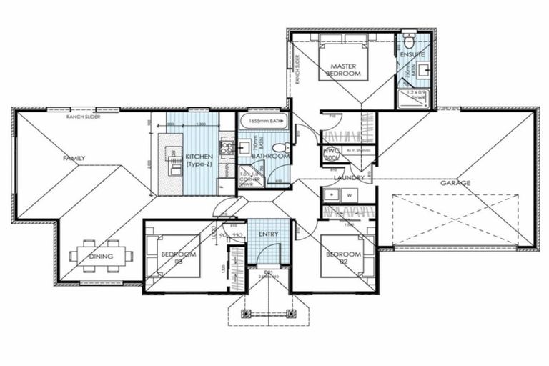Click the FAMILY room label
coord(74,157)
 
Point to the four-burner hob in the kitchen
coord(227,148)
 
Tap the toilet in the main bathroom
coord(280,147)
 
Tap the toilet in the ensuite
coord(409,40)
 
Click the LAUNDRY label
coord(348,177)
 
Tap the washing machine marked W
coord(350,194)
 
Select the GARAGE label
coord(455,183)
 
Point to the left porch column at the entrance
coord(247,313)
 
